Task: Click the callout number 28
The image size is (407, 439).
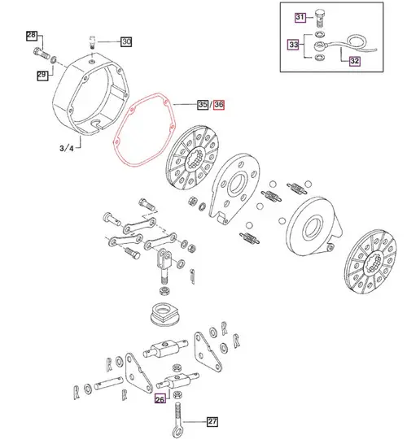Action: pos(31,36)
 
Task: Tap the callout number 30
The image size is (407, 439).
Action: pos(126,41)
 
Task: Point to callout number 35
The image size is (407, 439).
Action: pos(202,104)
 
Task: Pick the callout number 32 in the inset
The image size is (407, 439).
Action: pos(356,60)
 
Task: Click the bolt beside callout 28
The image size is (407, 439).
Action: pos(42,55)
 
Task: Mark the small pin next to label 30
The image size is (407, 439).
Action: pos(94,40)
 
